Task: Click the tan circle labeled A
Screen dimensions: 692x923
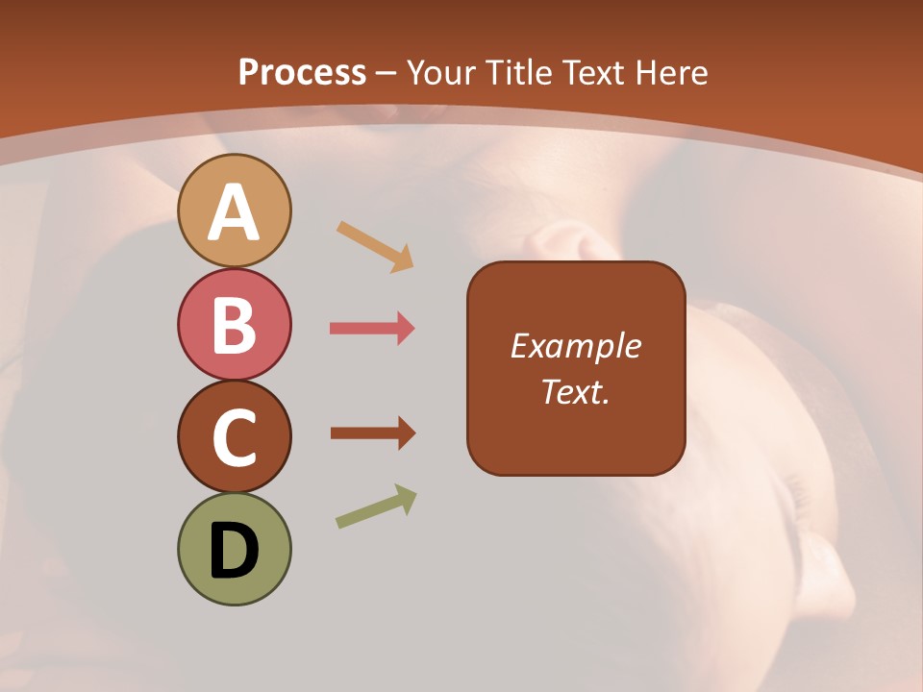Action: pos(235,210)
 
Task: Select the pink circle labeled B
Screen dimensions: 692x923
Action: pos(235,324)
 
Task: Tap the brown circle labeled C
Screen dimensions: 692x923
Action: pos(235,436)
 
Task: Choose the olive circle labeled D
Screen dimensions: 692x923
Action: pos(235,549)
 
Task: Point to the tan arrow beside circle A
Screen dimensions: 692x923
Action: pos(375,246)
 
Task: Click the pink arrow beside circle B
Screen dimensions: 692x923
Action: pos(372,329)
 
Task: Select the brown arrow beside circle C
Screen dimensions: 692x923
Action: pos(372,433)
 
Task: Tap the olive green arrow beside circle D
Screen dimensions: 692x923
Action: pos(376,507)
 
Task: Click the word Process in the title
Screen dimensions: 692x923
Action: pos(302,72)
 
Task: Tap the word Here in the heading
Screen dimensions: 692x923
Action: pos(673,72)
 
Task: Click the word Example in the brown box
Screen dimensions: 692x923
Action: pos(576,346)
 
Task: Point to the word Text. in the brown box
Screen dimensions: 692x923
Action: pos(576,391)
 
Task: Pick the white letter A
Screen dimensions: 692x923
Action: pos(235,212)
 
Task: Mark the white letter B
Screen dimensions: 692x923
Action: pos(235,325)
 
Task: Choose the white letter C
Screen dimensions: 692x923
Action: pos(235,438)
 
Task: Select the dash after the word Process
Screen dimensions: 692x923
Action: pos(386,74)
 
